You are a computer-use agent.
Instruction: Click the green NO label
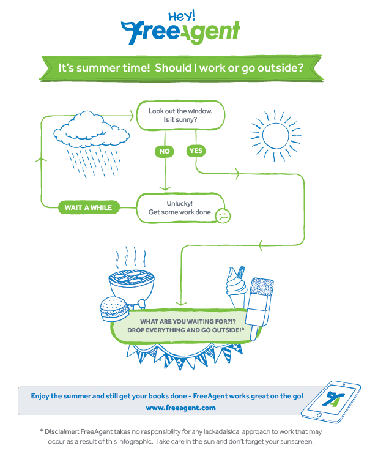tap(165, 151)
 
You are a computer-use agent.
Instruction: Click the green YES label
tap(196, 151)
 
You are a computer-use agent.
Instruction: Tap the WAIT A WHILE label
tap(88, 207)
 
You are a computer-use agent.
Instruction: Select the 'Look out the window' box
tap(180, 115)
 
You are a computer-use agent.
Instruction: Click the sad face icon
tap(223, 215)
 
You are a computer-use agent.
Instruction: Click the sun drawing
tap(275, 136)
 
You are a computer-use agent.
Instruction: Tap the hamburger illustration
tap(114, 309)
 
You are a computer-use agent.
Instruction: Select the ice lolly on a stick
tap(260, 307)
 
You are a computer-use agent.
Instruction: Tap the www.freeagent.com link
tap(180, 408)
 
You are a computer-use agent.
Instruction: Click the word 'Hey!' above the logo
tap(182, 16)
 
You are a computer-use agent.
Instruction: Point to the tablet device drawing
tap(331, 402)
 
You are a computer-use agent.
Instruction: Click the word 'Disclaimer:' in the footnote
tap(62, 431)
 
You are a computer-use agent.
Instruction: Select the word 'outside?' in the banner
tap(280, 68)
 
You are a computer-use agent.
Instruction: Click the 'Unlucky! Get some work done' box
tap(180, 208)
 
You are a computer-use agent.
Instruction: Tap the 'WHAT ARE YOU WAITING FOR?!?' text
tap(188, 321)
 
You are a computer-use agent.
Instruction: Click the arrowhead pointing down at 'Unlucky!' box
tap(165, 188)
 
